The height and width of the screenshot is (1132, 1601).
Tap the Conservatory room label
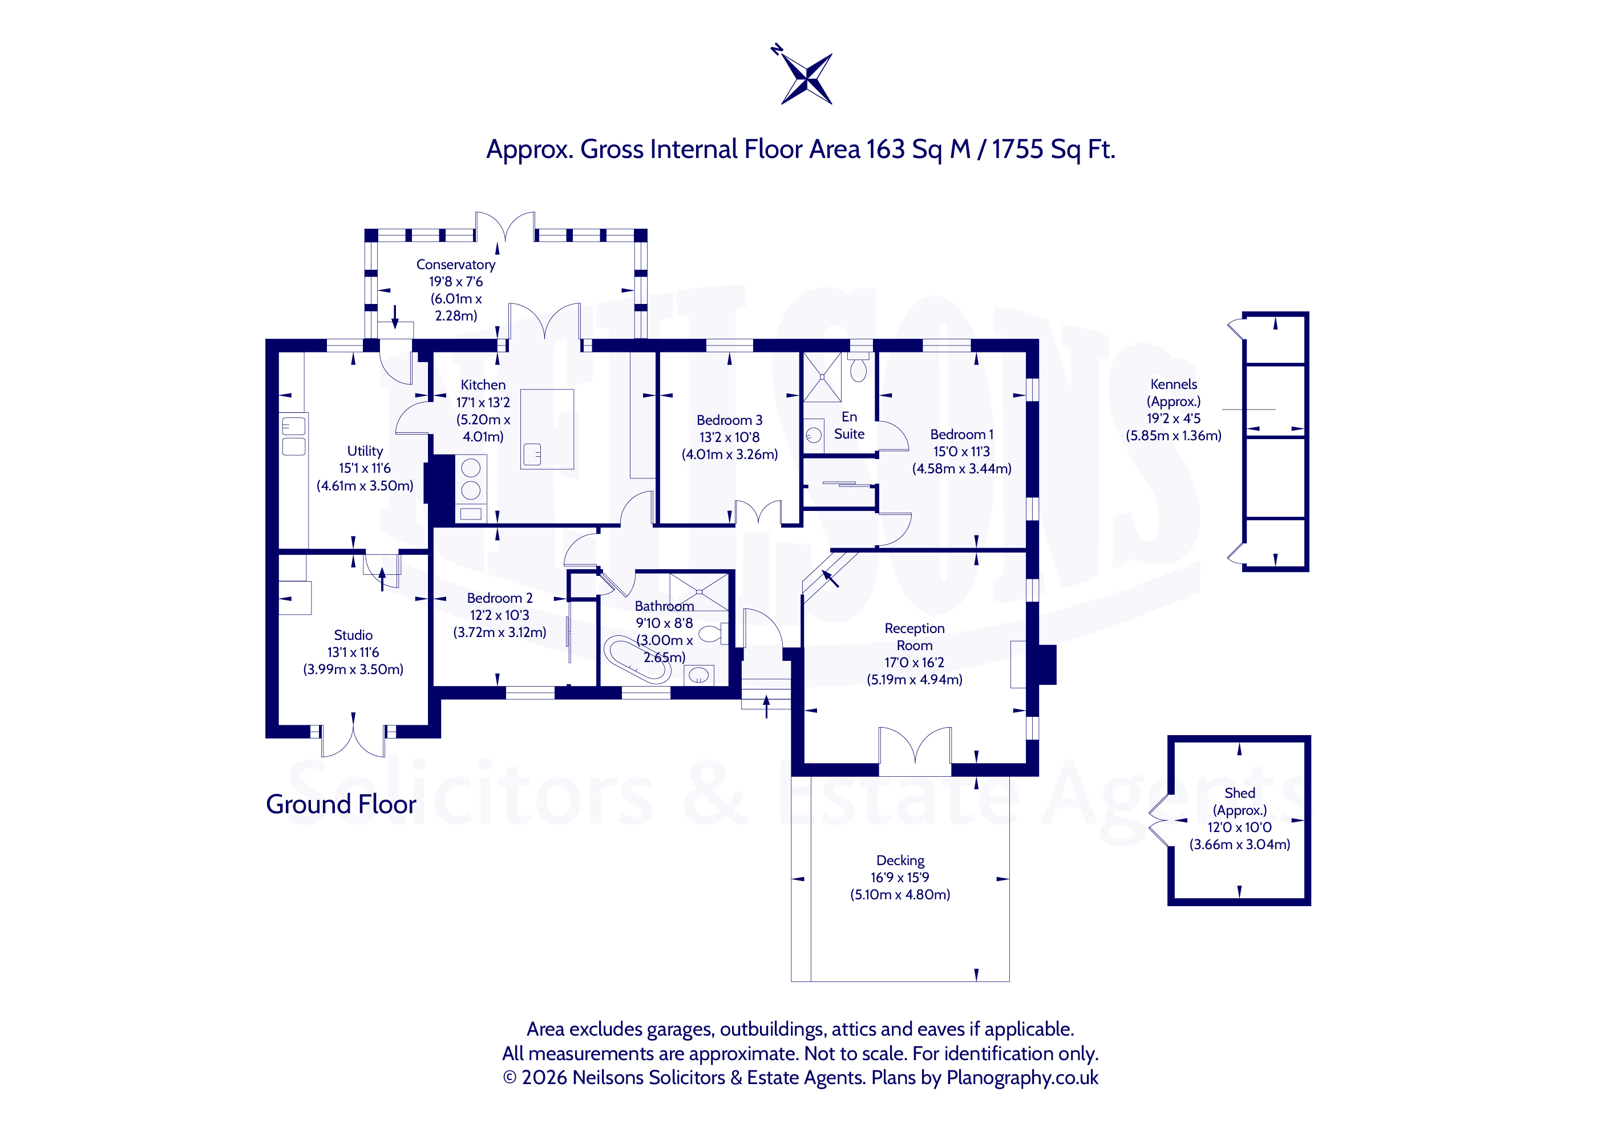coord(455,265)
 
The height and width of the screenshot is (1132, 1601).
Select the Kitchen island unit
coord(547,429)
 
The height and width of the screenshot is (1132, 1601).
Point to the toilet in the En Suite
coord(858,367)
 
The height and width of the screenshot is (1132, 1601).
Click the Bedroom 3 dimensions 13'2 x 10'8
coord(729,437)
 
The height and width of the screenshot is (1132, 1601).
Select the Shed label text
coord(1239,793)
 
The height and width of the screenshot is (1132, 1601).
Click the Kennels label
coord(1174,384)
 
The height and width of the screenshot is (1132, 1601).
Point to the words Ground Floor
coord(341,805)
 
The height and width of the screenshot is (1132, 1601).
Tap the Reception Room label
coord(914,637)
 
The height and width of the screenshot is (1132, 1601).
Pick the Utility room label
coord(365,451)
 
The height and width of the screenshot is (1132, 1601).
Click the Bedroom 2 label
coord(499,598)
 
